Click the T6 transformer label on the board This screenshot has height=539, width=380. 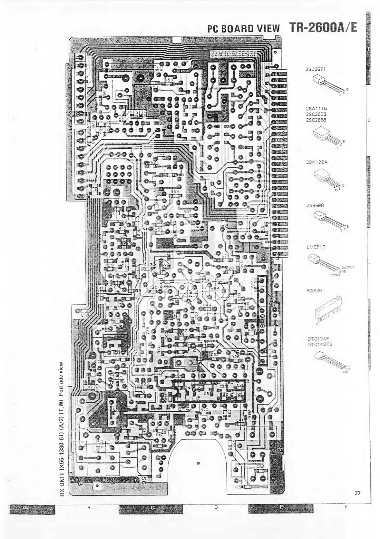[x=235, y=352]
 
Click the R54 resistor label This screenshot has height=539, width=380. [x=175, y=192]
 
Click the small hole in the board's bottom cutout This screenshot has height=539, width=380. [x=198, y=463]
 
